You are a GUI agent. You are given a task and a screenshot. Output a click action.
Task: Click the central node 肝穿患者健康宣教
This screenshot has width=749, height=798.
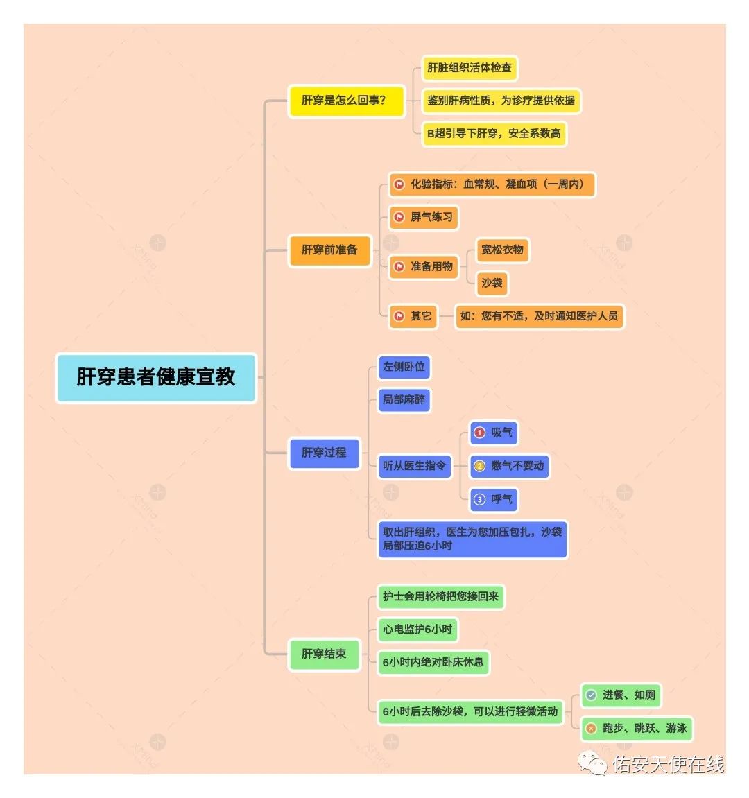156,378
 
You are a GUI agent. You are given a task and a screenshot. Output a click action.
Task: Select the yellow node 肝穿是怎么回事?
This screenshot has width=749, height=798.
346,101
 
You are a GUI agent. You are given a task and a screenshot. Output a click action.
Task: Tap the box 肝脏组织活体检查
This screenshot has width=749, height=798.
470,68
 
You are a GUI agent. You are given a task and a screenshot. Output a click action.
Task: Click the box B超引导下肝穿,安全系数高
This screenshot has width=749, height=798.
494,134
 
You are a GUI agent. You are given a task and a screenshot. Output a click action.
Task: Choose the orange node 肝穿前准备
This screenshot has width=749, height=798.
329,250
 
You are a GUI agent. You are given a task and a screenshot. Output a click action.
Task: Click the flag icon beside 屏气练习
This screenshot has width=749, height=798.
399,217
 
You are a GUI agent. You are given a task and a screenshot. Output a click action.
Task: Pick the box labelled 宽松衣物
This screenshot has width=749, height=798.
502,250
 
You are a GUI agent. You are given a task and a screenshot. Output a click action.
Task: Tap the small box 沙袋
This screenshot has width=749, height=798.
491,283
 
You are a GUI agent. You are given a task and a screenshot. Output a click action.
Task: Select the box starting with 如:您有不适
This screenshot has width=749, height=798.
540,316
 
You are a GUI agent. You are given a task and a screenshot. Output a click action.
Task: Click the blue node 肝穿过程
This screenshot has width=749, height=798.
324,453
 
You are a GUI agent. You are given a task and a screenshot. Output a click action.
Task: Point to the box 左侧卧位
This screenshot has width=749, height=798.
404,367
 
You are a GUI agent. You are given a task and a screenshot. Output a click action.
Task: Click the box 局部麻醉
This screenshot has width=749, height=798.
404,399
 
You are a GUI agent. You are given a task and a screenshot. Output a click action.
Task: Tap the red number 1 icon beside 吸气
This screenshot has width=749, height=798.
480,433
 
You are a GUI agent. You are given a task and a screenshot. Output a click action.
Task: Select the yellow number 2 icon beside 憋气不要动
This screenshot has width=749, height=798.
480,466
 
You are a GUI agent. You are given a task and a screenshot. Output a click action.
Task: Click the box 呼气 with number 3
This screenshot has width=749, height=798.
493,500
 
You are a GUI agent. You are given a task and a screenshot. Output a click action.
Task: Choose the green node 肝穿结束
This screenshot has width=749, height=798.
324,654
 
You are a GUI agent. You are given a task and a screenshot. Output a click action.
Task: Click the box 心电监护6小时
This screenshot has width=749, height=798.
417,630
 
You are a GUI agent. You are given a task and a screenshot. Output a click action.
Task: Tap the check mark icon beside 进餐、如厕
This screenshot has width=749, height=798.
591,695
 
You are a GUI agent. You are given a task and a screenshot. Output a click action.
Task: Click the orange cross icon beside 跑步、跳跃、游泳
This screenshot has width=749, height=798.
591,729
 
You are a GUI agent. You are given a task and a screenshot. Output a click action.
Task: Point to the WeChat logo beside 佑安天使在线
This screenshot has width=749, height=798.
592,763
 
